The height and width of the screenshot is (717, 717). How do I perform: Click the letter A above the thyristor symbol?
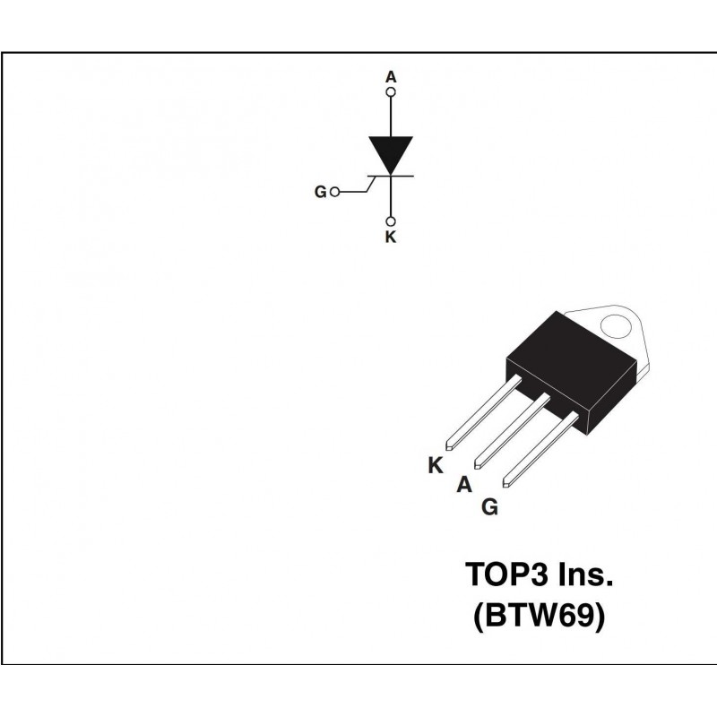coord(391,77)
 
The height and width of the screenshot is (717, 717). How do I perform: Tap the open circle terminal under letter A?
coord(391,92)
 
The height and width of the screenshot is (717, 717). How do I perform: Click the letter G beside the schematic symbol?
coord(321,192)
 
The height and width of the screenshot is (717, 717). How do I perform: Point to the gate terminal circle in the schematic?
coord(334,192)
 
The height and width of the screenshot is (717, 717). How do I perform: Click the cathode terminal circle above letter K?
coord(391,221)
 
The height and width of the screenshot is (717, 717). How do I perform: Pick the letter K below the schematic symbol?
coord(391,238)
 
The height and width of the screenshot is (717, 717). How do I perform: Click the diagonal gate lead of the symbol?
coord(371,184)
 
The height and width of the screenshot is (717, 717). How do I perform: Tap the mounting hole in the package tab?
coord(616,326)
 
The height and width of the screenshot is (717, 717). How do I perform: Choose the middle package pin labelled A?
coord(512,431)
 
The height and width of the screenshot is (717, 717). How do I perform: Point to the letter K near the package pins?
coord(436,465)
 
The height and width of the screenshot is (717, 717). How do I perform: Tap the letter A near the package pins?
coord(464,484)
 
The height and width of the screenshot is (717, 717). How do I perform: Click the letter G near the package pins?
coord(489,507)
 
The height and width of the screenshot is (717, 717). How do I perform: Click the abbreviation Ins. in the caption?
coord(586,574)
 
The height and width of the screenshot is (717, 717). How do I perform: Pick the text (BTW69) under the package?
coord(540,616)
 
